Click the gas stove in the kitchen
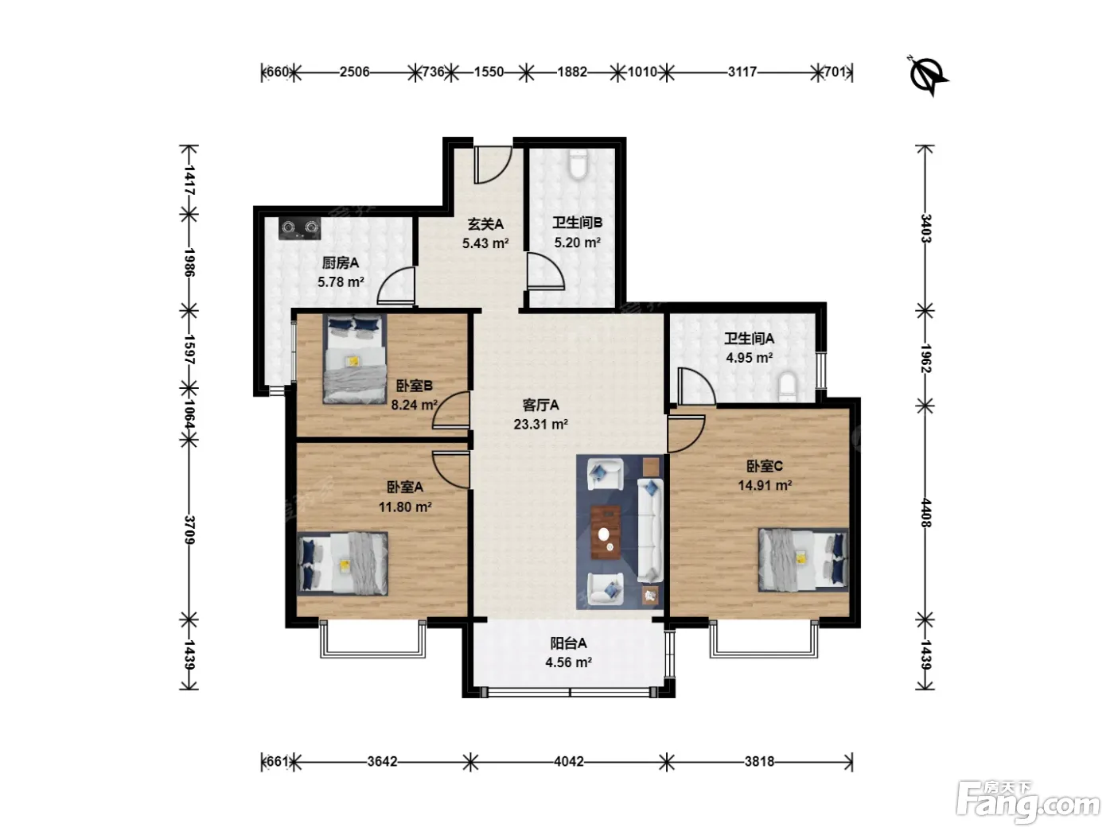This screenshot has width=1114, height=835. [299, 228]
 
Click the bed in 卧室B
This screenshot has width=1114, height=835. [354, 359]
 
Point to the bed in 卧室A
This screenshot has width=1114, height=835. [343, 563]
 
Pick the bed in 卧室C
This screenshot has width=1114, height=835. [804, 560]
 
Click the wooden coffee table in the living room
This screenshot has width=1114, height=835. [606, 533]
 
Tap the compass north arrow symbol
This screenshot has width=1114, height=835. [927, 76]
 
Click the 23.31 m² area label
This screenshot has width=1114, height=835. [540, 425]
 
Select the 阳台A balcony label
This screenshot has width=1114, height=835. [568, 643]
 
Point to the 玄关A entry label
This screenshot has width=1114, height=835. [485, 224]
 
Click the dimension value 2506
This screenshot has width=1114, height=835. [354, 72]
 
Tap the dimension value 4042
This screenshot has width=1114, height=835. [568, 762]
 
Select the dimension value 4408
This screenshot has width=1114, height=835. [925, 513]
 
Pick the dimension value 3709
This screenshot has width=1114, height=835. [189, 530]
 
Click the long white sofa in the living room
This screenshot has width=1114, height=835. [650, 530]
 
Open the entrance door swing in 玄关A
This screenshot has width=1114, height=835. [493, 165]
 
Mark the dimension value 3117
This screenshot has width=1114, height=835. [742, 72]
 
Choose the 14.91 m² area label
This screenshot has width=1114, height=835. [765, 485]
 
